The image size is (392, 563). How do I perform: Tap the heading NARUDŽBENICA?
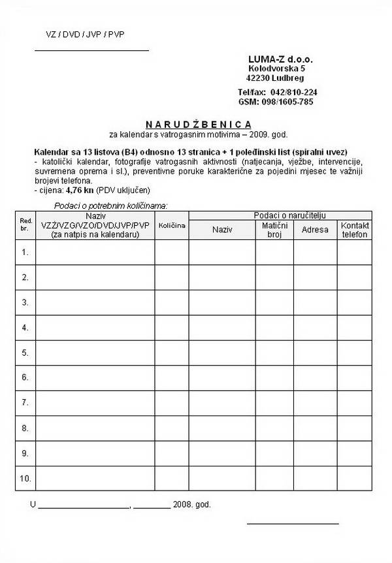(x=198, y=124)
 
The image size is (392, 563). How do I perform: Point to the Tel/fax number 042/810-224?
(x=293, y=92)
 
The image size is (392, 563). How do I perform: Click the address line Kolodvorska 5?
(x=276, y=68)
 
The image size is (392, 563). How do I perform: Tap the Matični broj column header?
(x=274, y=230)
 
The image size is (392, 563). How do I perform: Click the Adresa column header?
(x=315, y=230)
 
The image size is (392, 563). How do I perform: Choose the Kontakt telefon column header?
(x=355, y=230)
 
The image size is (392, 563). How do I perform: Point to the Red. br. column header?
(x=25, y=225)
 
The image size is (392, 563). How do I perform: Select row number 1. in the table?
(x=25, y=252)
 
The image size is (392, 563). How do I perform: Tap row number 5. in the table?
(x=25, y=352)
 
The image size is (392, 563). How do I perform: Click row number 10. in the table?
(x=25, y=478)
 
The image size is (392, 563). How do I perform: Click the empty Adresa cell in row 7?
(x=315, y=403)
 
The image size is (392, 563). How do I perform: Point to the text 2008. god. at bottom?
(x=193, y=504)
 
